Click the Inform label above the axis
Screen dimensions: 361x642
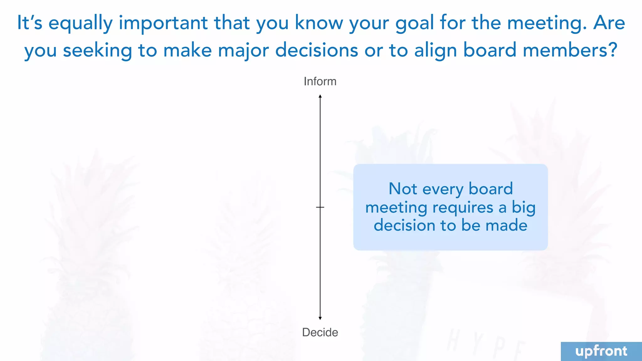click(320, 81)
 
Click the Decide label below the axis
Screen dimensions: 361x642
click(320, 332)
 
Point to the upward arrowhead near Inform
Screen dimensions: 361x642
click(320, 96)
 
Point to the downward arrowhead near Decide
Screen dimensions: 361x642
click(320, 318)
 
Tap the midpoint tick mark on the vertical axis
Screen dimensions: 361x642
click(320, 207)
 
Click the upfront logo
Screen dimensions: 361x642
click(601, 351)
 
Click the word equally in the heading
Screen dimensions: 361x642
click(80, 23)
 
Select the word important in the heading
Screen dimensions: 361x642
click(163, 23)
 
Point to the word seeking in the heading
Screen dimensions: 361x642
click(97, 50)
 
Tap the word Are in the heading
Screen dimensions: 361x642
click(609, 23)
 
